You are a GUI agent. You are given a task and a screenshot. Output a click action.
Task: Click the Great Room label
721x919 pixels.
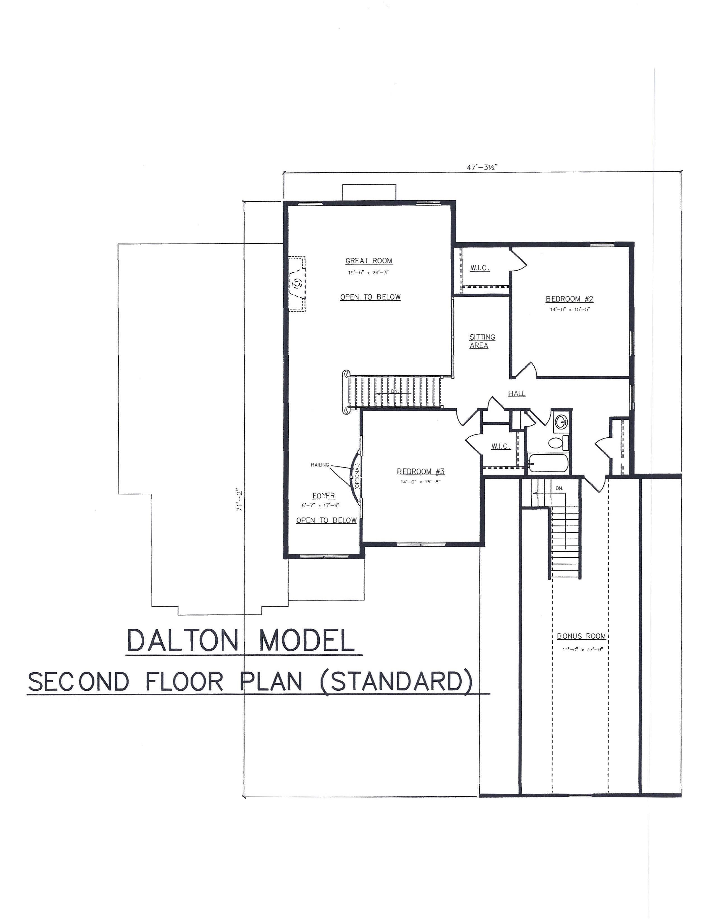[369, 261]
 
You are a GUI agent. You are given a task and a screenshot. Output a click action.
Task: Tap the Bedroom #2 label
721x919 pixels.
[570, 299]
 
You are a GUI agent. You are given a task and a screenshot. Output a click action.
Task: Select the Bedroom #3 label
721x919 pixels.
[421, 472]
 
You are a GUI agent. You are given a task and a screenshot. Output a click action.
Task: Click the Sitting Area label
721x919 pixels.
[482, 341]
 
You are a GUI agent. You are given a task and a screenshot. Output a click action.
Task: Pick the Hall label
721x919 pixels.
[517, 394]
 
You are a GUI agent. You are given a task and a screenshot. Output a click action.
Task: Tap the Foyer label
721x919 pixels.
[324, 496]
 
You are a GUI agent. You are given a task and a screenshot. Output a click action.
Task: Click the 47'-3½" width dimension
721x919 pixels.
[482, 167]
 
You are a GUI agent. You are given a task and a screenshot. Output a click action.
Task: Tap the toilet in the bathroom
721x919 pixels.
[558, 443]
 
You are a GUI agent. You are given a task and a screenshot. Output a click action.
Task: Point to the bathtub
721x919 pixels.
[548, 463]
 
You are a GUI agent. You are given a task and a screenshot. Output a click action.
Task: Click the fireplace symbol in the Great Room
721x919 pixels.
[297, 283]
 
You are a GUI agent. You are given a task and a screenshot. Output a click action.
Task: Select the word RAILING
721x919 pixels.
[320, 465]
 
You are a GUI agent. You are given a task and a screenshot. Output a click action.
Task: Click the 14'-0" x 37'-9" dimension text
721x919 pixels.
[581, 649]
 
